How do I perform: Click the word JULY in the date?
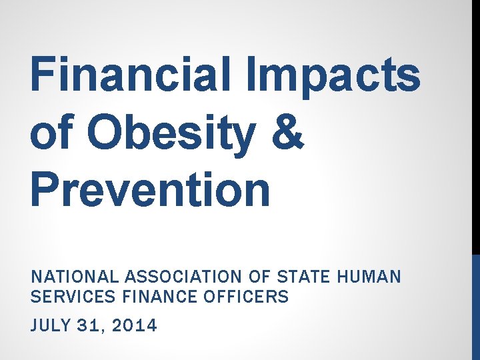(50, 326)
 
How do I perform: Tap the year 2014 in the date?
(135, 326)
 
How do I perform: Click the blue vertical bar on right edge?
(475, 307)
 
